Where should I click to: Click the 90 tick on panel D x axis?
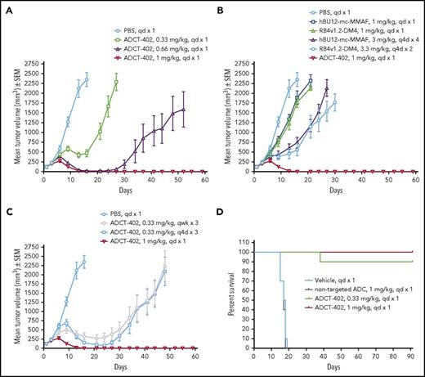(x=413, y=358)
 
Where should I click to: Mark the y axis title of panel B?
(x=228, y=95)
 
